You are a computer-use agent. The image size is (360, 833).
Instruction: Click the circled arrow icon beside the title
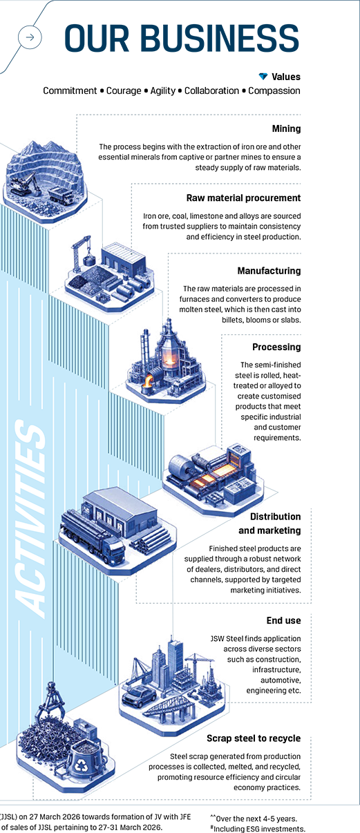tap(30, 37)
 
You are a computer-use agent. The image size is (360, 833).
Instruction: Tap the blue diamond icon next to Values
tap(263, 77)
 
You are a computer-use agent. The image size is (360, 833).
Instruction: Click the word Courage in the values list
tap(124, 90)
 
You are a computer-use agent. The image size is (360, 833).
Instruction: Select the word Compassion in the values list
tap(274, 90)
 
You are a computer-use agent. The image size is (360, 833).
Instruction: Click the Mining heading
tap(286, 128)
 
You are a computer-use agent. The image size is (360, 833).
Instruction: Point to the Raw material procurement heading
tap(244, 198)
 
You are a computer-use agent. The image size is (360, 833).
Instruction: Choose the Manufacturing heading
tap(269, 271)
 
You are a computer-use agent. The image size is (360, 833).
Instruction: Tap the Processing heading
tap(276, 347)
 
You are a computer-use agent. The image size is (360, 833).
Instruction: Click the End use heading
tap(283, 620)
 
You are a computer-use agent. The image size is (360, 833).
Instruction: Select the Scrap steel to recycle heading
tap(254, 738)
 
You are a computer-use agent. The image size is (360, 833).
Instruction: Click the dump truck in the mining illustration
tap(61, 195)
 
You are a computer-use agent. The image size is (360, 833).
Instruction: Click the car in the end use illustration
tap(139, 696)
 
